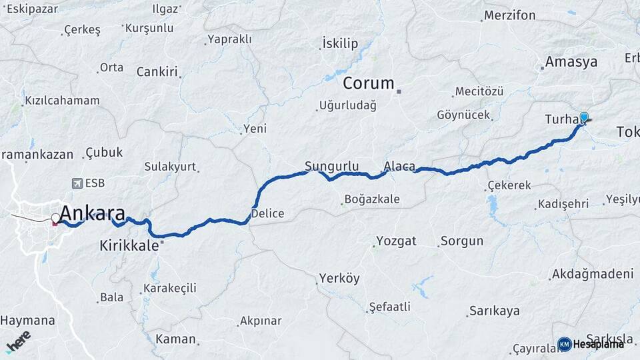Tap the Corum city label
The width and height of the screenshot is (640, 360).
point(369,83)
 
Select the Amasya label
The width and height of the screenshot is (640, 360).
point(571,62)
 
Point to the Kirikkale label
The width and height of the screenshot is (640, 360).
point(129,245)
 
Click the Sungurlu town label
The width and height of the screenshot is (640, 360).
point(332,166)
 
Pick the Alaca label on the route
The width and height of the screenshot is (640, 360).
point(399,166)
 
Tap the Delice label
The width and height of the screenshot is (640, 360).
point(267,214)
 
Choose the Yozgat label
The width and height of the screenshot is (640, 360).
point(396,241)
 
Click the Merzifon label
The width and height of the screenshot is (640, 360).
point(509,15)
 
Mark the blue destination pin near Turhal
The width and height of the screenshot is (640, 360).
point(584,118)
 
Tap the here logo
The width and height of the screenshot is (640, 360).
point(18,341)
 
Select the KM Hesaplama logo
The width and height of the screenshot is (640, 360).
point(591,344)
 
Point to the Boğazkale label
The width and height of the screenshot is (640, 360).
point(371,199)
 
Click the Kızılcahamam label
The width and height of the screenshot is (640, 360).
point(62,101)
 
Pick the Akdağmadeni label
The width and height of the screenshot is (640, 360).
point(592,274)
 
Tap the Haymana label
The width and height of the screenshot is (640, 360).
point(27,321)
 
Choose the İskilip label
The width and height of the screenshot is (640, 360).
point(340,44)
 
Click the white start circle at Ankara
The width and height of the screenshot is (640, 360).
point(55,217)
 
